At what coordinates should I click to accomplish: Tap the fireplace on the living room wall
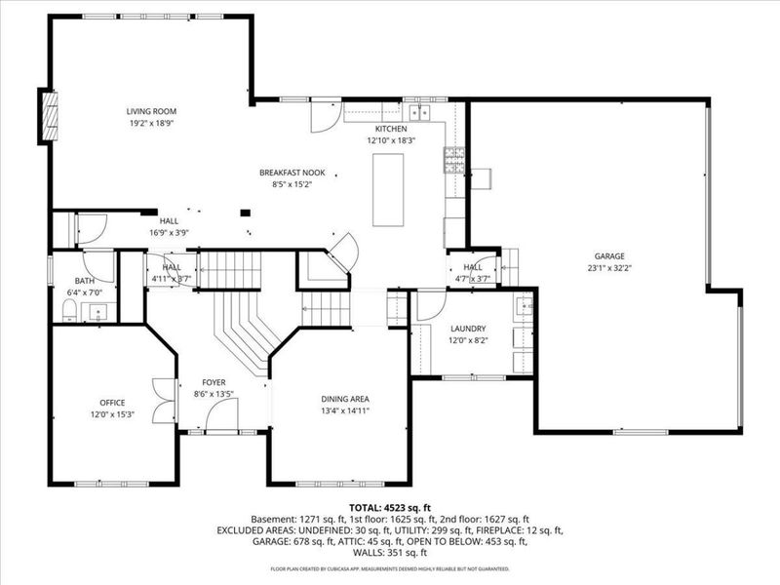coord(47,117)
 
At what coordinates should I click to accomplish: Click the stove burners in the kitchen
coord(453,160)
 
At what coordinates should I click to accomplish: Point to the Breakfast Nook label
coord(292,173)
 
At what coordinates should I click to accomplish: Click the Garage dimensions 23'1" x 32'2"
coord(606,267)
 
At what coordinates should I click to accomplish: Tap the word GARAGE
coord(606,255)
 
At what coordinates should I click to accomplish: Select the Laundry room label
coord(467,329)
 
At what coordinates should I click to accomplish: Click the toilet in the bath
coord(69,311)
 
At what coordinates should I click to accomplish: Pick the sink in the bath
coord(98,312)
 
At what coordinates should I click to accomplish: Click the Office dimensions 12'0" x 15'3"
coord(112,414)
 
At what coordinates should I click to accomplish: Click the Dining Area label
coord(345,399)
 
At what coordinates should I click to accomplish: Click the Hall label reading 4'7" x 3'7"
coord(473,279)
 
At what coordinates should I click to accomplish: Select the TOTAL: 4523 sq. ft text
coord(389,507)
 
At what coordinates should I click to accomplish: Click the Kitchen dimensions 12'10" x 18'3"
coord(391,140)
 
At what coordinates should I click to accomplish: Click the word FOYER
coord(214,382)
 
